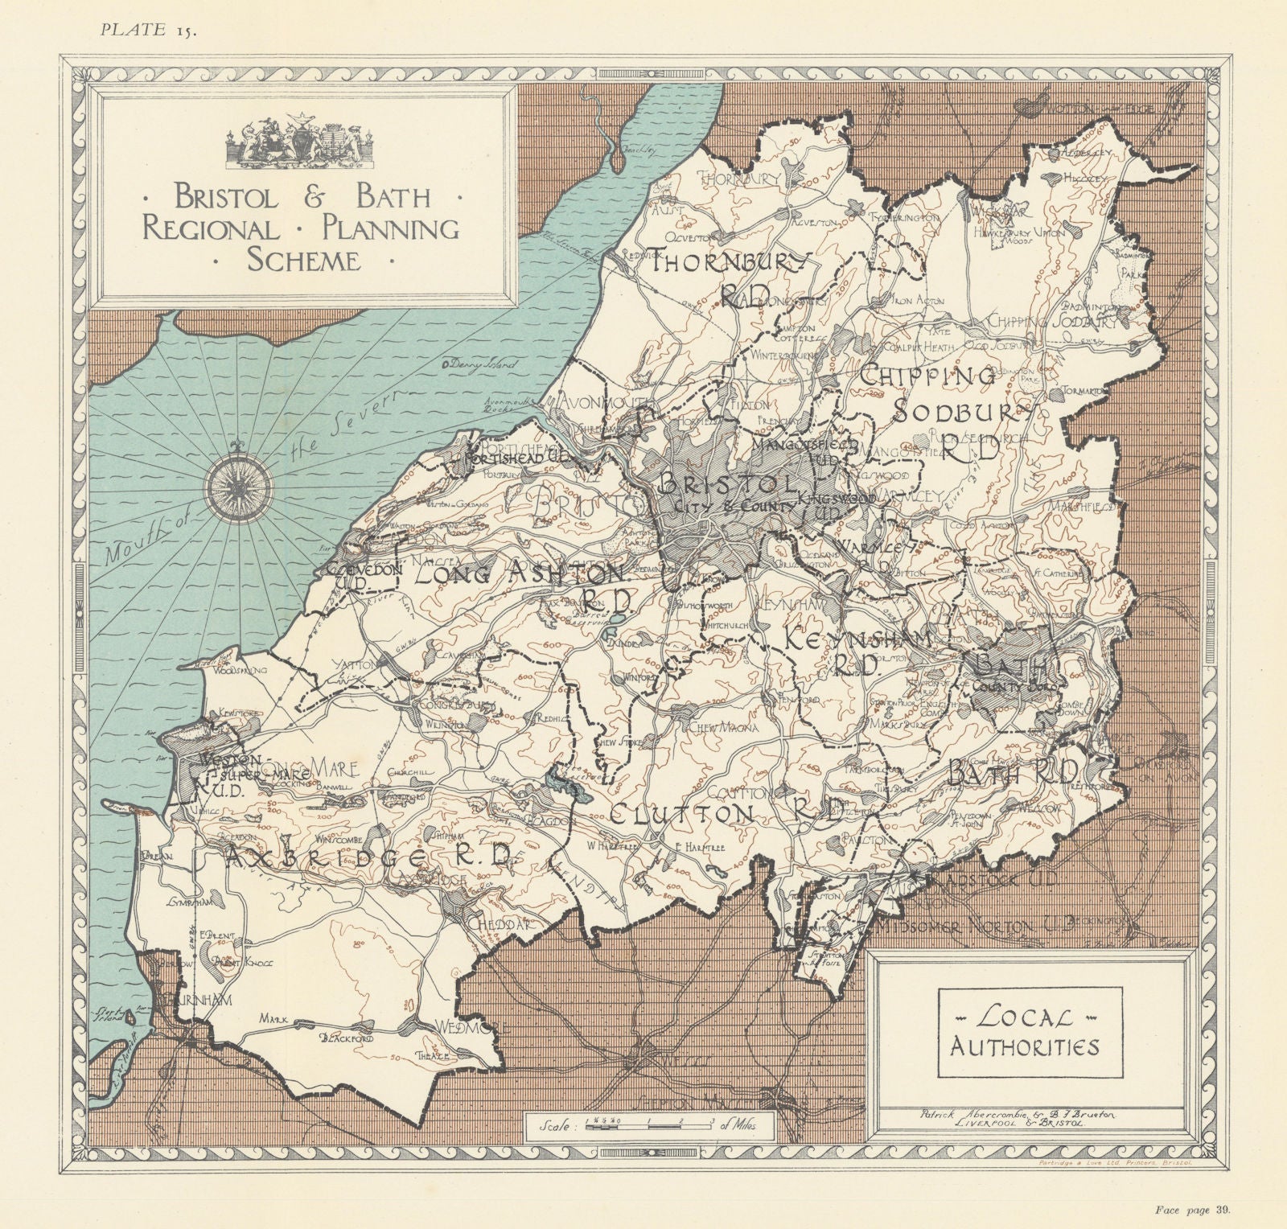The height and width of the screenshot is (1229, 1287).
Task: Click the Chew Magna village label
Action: pyautogui.click(x=725, y=728)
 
